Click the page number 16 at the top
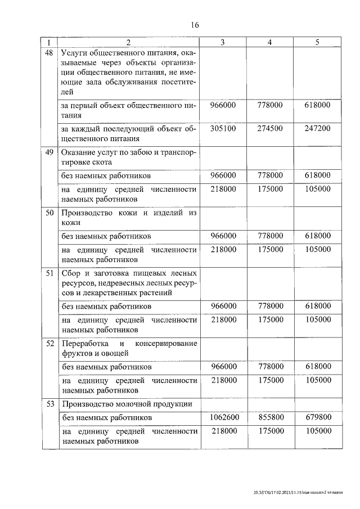coord(195,25)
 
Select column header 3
coord(223,43)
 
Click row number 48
coord(49,53)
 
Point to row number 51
coord(49,273)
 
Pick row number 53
coord(49,403)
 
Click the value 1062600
coord(224,418)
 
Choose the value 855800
coord(270,418)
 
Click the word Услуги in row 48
coord(74,53)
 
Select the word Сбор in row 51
coord(71,273)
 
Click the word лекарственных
coord(103,292)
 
